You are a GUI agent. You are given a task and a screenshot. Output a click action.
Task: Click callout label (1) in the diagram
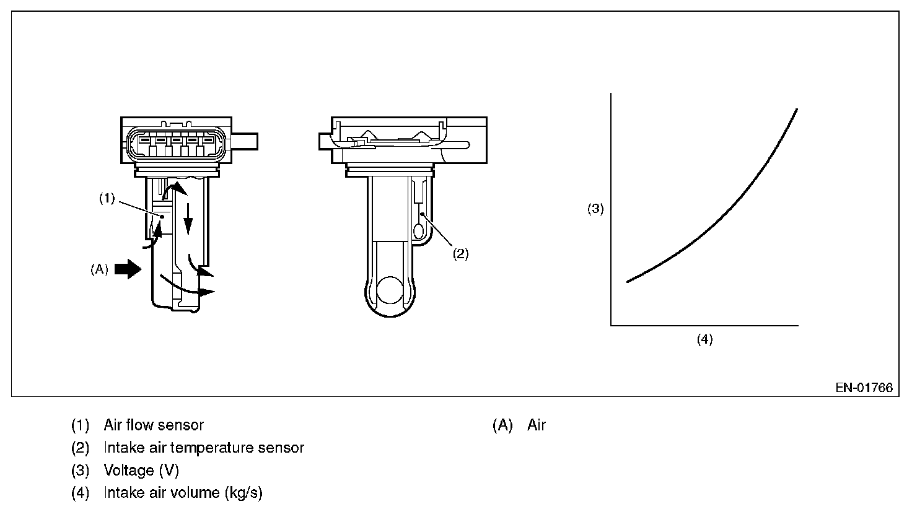pos(107,198)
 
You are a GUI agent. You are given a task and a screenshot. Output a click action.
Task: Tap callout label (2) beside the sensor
pos(460,254)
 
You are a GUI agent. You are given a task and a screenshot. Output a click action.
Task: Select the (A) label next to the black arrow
pos(99,269)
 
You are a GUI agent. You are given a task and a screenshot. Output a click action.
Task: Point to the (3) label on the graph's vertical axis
pos(595,209)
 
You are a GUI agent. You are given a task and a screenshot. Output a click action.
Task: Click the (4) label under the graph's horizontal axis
pos(704,339)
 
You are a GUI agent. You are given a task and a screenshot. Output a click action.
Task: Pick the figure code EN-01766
pos(864,388)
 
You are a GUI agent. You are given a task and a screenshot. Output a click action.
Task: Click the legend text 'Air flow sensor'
pos(154,425)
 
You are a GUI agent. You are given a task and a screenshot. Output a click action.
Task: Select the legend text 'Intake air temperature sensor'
pos(204,448)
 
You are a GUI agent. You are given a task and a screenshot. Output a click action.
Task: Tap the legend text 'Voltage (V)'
pos(141,471)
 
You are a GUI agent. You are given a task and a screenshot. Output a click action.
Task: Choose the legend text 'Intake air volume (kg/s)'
pos(183,494)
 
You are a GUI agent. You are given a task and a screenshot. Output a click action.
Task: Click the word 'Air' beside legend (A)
pos(537,425)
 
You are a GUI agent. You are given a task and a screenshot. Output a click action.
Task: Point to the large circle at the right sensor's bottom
pos(391,290)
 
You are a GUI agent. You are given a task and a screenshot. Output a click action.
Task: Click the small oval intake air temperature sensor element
pos(418,232)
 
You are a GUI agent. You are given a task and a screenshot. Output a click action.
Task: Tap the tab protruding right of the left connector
pos(245,141)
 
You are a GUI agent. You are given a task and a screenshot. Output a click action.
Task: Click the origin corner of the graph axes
pos(612,325)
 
